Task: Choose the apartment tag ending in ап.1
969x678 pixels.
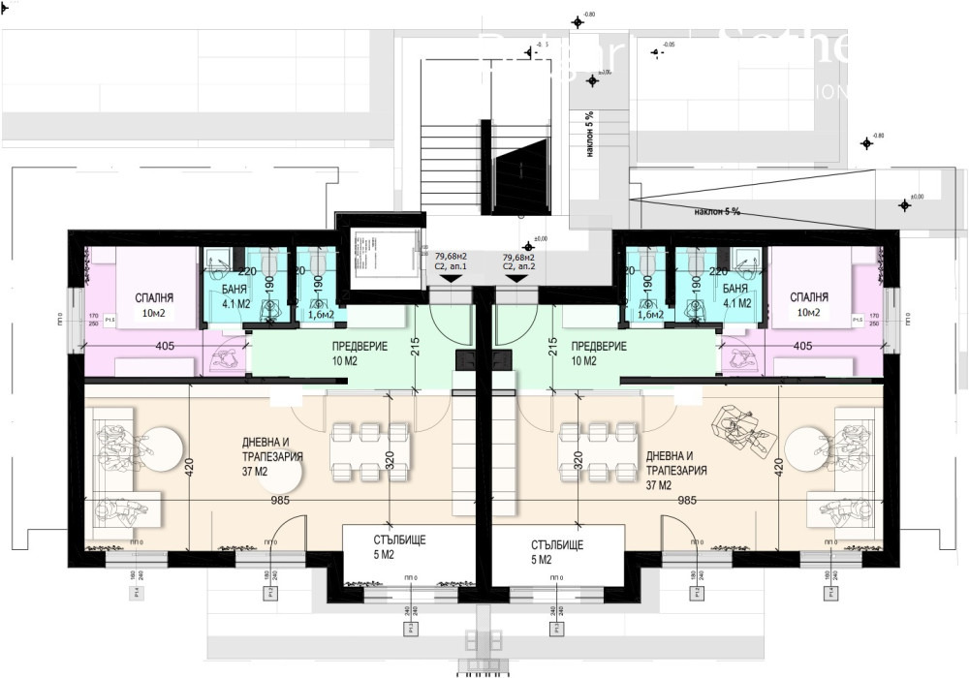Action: coord(451,262)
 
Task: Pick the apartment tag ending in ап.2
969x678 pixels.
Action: coord(518,262)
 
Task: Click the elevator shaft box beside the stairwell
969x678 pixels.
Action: coord(378,257)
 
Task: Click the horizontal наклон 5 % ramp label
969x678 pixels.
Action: coord(717,211)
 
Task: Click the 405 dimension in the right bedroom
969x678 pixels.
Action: coord(802,345)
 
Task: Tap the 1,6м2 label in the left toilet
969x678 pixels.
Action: coord(321,314)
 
